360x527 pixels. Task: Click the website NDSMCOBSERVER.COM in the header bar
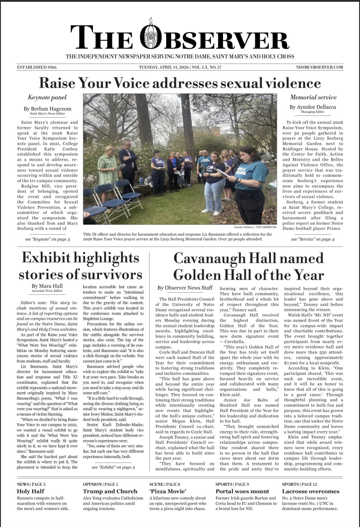[319, 67]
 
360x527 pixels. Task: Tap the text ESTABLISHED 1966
[37, 67]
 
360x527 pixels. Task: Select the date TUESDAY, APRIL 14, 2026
[163, 67]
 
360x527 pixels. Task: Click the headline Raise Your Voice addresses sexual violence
[180, 83]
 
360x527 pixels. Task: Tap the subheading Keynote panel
[47, 97]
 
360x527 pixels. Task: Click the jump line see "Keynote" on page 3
[47, 239]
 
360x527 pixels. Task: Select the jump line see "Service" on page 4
[313, 239]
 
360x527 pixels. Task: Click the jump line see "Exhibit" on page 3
[113, 467]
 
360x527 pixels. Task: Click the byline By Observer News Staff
[185, 288]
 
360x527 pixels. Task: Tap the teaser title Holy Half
[30, 491]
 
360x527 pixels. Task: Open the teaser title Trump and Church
[110, 491]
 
